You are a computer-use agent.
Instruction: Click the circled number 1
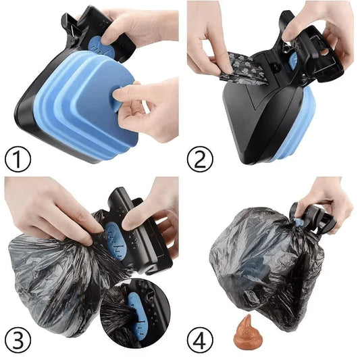(18, 160)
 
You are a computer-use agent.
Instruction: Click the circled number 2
(201, 160)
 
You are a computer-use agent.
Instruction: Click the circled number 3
(18, 338)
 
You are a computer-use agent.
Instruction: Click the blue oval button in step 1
(100, 45)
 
